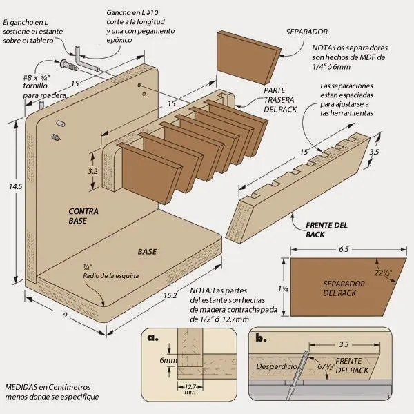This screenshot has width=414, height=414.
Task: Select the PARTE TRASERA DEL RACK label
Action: coord(279,101)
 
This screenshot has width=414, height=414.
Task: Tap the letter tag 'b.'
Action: coord(261,338)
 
